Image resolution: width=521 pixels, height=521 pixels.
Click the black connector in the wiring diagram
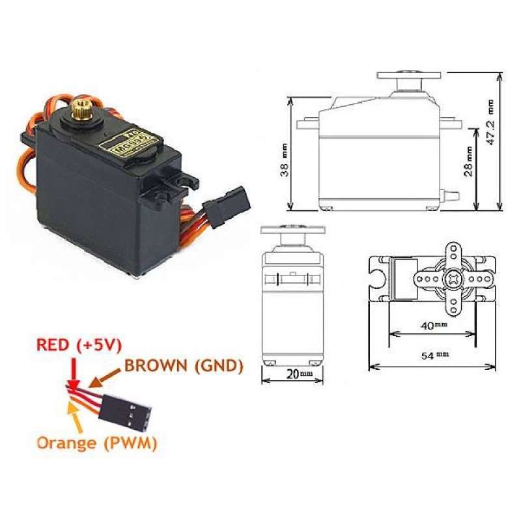tap(130, 411)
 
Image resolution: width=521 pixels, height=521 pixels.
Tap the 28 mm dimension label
tap(468, 161)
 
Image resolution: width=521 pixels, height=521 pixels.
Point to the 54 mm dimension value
tap(432, 356)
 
